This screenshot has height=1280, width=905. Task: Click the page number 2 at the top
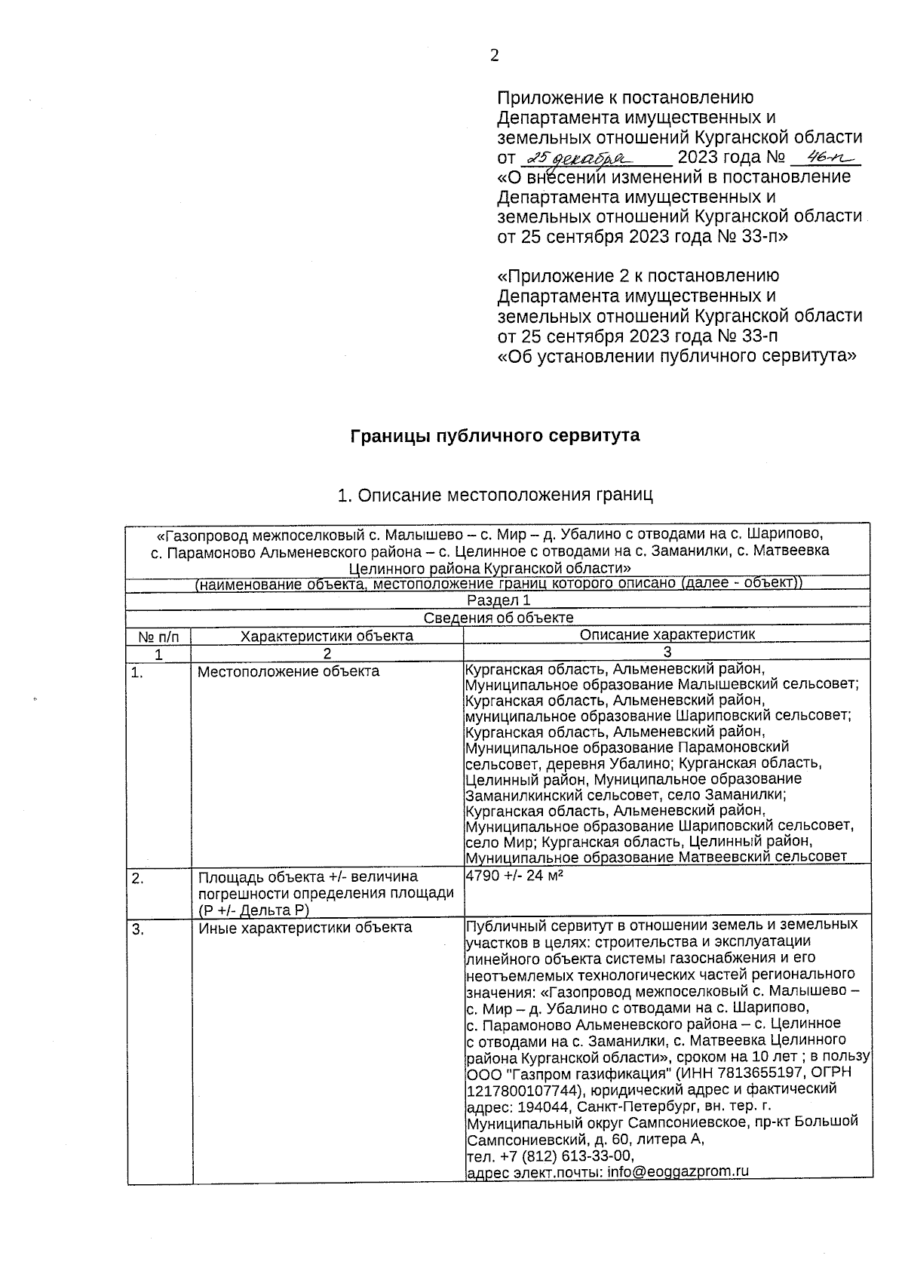494,56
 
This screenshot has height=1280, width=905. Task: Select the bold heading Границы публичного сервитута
495,435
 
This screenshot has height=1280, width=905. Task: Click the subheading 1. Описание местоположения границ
495,495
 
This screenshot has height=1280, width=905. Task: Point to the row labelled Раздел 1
499,600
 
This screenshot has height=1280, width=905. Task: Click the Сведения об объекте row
499,618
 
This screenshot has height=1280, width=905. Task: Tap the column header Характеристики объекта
327,636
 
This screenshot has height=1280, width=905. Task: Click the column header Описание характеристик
667,635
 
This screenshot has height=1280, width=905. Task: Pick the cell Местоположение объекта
288,671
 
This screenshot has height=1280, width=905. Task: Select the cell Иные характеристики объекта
305,928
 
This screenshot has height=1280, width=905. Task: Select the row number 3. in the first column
137,929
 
